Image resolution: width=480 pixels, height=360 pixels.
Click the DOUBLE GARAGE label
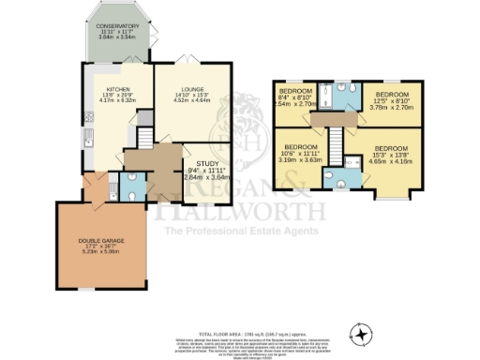point(101,242)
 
